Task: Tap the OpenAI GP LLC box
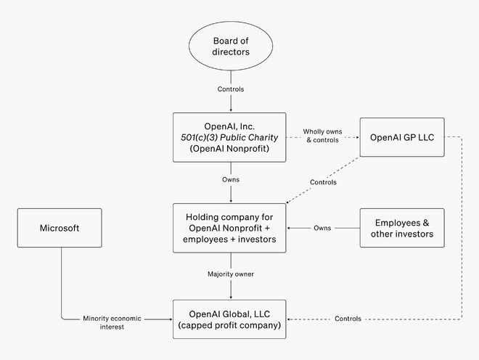click(x=401, y=136)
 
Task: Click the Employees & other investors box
click(x=402, y=228)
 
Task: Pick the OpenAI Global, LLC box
click(x=229, y=319)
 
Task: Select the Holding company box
click(x=229, y=228)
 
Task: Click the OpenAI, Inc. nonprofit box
click(x=229, y=136)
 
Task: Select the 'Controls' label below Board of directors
click(x=230, y=90)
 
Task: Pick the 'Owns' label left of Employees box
click(x=323, y=228)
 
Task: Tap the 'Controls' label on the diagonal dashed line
click(x=322, y=182)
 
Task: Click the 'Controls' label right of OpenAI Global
click(x=348, y=319)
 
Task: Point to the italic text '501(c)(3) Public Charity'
click(x=229, y=136)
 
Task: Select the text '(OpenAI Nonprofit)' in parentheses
click(x=229, y=148)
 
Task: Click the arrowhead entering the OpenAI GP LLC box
click(x=357, y=136)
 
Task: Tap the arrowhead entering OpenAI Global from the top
click(x=230, y=297)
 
